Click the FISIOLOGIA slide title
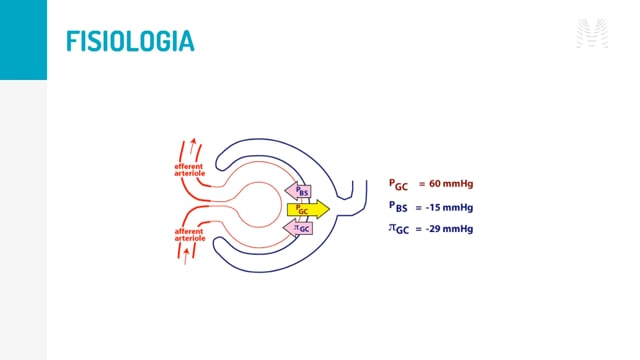[130, 41]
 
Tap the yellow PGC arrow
[308, 209]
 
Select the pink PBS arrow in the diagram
[298, 191]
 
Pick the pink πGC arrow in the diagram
[298, 228]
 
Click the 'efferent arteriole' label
[189, 170]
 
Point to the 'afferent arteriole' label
[190, 235]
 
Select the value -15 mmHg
[449, 207]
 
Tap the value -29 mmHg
[449, 229]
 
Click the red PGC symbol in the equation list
[398, 185]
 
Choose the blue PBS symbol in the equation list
[398, 207]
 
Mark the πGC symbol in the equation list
[398, 229]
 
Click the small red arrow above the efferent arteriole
[193, 146]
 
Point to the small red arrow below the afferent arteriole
[186, 256]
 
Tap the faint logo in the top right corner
[592, 33]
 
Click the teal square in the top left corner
[23, 40]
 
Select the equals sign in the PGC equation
[422, 184]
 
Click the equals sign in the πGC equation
[418, 229]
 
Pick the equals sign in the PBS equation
[418, 208]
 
